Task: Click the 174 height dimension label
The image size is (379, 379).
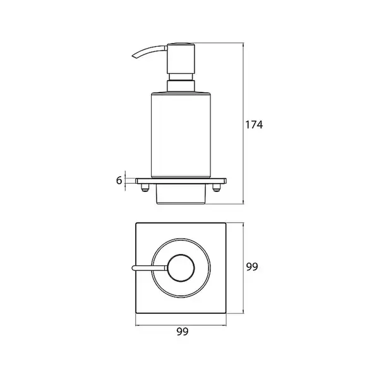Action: (254, 124)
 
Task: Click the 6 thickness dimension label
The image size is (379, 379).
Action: (119, 180)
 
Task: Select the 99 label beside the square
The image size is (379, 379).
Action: (252, 267)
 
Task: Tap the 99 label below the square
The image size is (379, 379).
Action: (183, 332)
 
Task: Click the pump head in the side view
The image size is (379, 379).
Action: (181, 58)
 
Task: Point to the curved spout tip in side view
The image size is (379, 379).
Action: (133, 57)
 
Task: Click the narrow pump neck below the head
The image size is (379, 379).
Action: (181, 77)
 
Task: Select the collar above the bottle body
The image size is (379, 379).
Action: (181, 87)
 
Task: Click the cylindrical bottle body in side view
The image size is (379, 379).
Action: (181, 135)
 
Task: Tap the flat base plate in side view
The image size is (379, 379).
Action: (181, 181)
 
